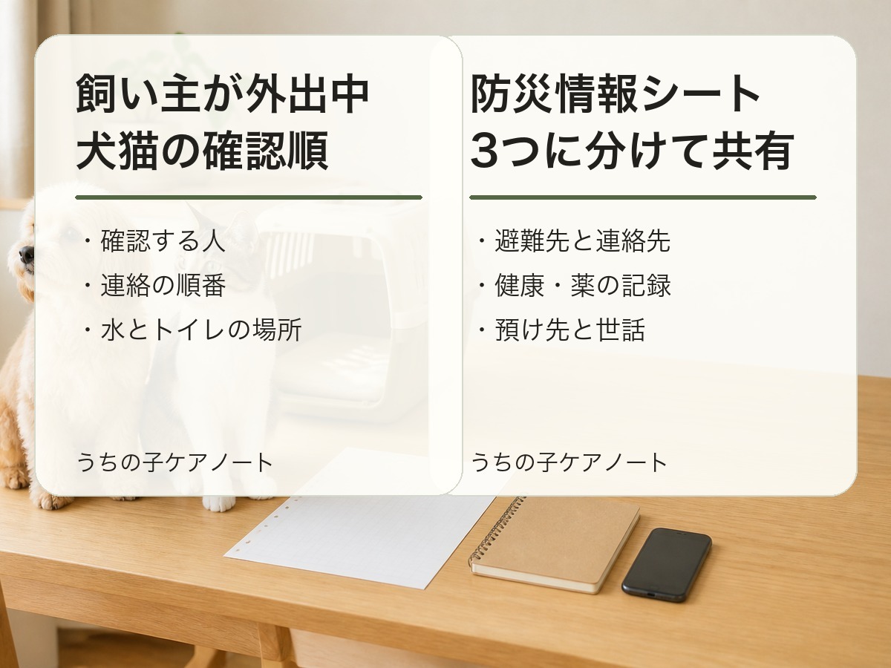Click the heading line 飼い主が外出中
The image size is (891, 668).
(x=223, y=94)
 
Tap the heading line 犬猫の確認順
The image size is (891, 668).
(x=202, y=151)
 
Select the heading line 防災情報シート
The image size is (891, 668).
(x=616, y=94)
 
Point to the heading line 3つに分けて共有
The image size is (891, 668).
(x=633, y=151)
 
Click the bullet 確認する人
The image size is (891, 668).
(x=154, y=241)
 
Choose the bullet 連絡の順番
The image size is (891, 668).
(x=154, y=286)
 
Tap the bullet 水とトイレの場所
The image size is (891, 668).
(x=193, y=330)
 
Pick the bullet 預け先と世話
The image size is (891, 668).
(x=561, y=330)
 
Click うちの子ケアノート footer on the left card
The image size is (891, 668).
(x=175, y=462)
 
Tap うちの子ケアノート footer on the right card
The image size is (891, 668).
(x=569, y=462)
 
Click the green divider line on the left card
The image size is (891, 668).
(x=249, y=197)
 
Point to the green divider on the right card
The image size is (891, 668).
(x=643, y=197)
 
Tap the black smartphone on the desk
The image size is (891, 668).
(x=667, y=565)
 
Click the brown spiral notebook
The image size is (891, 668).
(x=555, y=544)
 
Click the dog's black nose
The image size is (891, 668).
(x=26, y=254)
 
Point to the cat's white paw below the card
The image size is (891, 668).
(x=219, y=503)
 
